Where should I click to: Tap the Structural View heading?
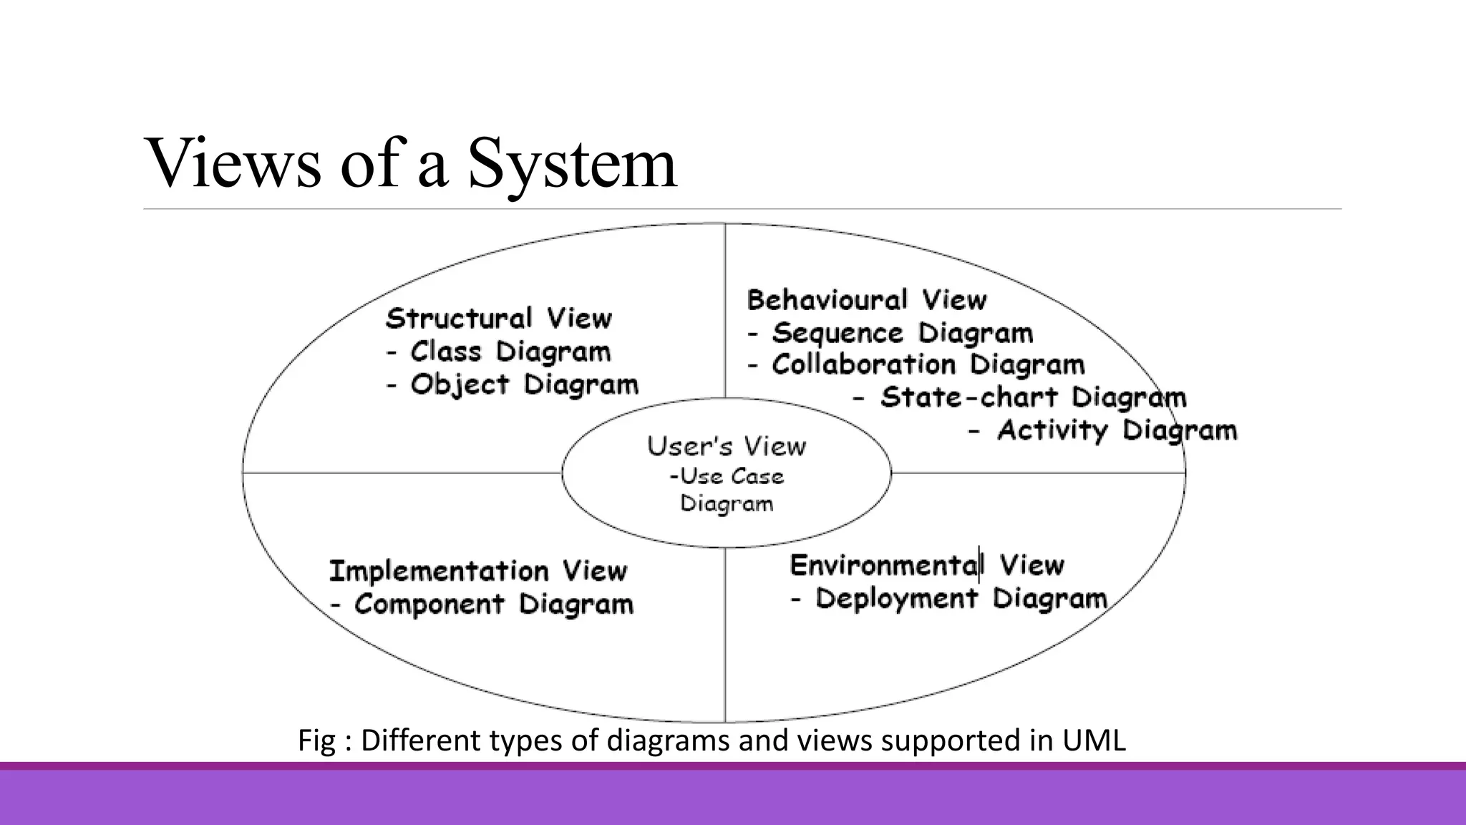[498, 319]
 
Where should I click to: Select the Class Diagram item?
[510, 352]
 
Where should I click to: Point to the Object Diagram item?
[523, 385]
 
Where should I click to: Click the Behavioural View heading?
[866, 300]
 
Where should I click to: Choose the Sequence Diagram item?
[902, 333]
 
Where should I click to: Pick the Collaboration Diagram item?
[928, 365]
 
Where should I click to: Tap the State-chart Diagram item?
[1032, 397]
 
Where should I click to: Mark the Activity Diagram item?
[1116, 430]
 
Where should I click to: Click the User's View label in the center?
[726, 446]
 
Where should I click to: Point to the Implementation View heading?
[477, 571]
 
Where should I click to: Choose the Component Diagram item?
[493, 604]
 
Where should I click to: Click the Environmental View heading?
[927, 566]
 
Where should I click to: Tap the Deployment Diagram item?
[961, 599]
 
